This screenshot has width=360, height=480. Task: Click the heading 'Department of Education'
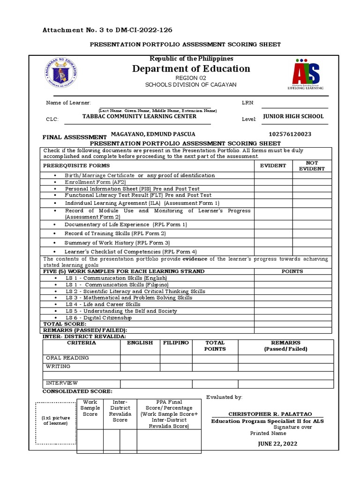191,69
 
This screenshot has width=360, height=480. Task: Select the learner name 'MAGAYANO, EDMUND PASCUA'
152,134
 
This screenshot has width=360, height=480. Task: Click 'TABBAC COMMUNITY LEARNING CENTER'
139,116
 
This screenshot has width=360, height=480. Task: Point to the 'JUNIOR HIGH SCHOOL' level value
293,116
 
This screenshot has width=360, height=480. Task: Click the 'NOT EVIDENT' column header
312,165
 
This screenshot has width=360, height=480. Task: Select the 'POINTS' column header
292,271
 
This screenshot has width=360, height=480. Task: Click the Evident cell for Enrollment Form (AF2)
273,182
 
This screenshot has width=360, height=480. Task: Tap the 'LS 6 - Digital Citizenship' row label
98,318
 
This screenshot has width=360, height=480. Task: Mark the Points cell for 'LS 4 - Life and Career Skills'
292,305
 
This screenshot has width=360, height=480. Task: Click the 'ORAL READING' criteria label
67,358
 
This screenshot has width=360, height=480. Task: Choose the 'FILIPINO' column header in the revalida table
176,343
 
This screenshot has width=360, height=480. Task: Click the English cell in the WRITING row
140,367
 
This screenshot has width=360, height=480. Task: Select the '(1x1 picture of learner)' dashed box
56,423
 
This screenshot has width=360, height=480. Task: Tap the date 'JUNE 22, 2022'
277,444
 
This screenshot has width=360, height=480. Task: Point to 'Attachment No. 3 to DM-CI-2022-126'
107,30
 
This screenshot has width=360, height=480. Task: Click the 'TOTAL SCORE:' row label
65,324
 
